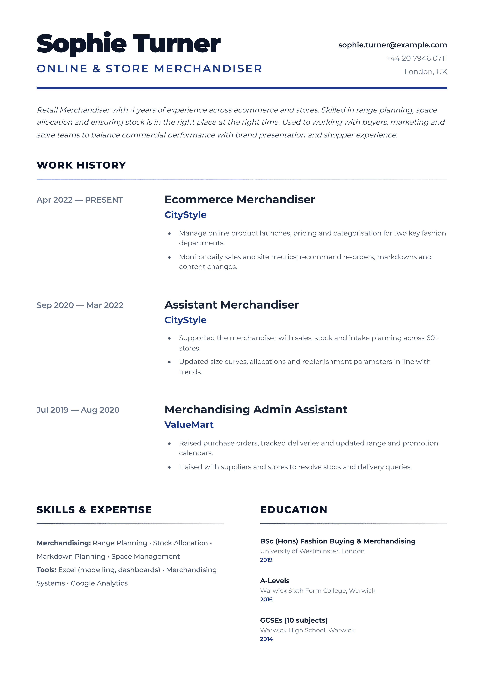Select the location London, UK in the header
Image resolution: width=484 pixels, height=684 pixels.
426,72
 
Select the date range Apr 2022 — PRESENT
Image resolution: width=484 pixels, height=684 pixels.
80,200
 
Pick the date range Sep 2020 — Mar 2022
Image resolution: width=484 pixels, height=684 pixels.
80,305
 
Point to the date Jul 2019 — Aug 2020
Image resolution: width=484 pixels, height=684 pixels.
78,410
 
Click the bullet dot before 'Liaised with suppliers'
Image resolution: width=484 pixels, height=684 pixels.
169,467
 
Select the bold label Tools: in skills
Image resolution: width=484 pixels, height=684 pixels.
46,570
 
